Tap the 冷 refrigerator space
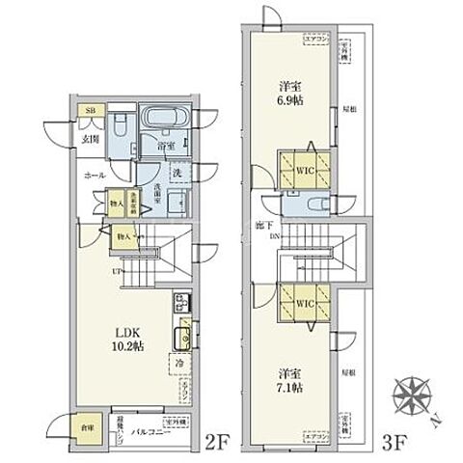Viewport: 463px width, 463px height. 179,364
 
